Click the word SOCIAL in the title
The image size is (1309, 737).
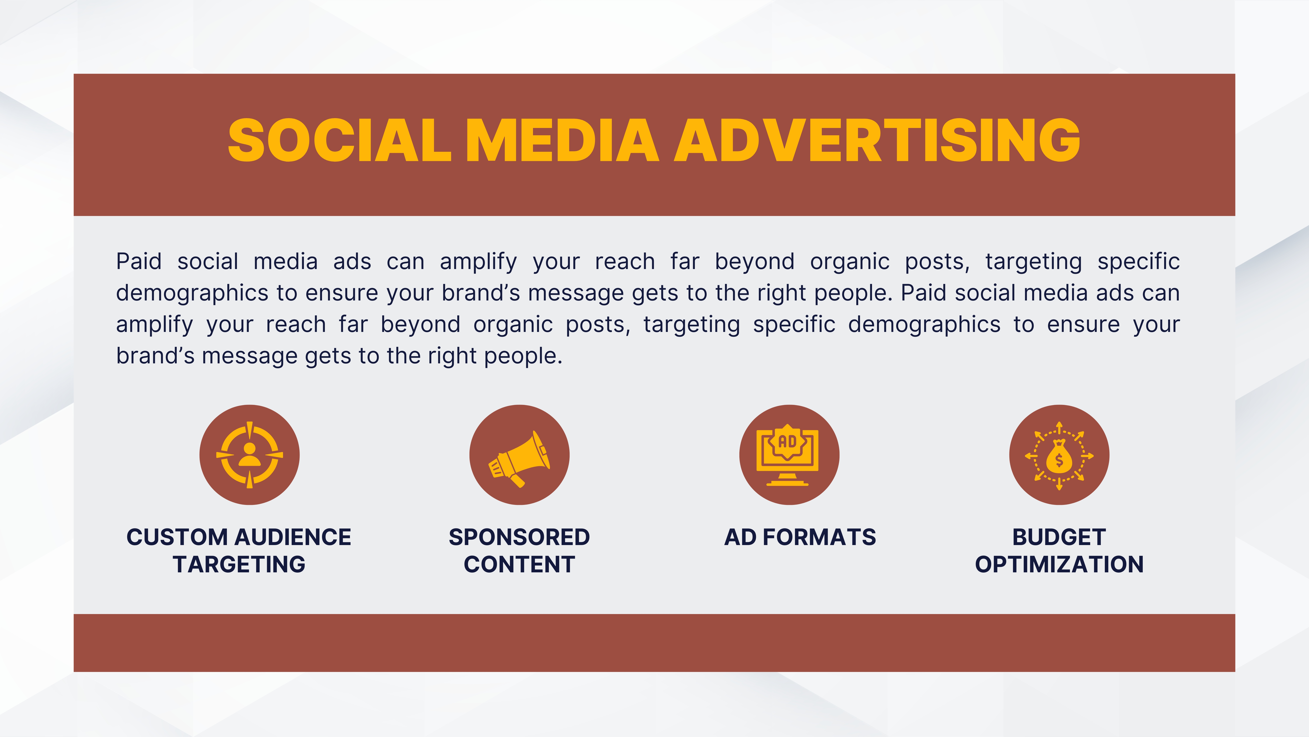(x=339, y=140)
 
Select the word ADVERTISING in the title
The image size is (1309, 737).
(x=877, y=140)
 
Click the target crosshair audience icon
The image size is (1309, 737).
(x=250, y=455)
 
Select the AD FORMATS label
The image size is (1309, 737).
(x=800, y=537)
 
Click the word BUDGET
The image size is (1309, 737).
(x=1059, y=537)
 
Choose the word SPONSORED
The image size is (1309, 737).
(x=519, y=537)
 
